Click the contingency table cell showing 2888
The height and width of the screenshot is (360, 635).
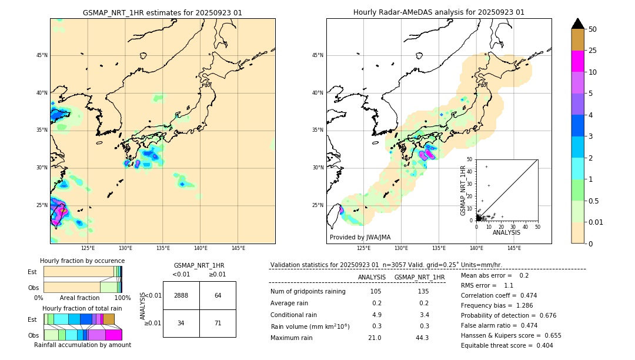[x=181, y=295]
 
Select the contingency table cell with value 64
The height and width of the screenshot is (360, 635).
[x=218, y=295]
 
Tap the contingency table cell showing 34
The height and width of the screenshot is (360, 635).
[x=181, y=323]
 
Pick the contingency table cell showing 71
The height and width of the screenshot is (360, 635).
[x=218, y=323]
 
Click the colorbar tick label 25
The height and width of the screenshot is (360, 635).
[x=593, y=51]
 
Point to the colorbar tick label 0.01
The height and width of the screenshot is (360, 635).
[x=596, y=222]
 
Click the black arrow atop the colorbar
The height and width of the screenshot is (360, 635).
[x=578, y=24]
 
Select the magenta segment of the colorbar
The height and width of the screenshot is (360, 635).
[x=578, y=61]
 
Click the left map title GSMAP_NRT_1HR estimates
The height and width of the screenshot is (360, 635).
[x=162, y=12]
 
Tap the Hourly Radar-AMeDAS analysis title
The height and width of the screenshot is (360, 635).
[x=439, y=12]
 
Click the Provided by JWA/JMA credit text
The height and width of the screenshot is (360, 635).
[x=360, y=237]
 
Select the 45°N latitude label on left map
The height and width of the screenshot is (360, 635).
[x=42, y=55]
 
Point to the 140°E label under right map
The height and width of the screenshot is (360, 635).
[x=476, y=248]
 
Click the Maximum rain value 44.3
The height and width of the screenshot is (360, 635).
[x=422, y=338]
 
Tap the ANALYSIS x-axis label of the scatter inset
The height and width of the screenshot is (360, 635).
[x=506, y=232]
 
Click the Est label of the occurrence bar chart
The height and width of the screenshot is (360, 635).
[x=32, y=272]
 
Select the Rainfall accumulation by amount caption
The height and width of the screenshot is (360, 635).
[x=82, y=345]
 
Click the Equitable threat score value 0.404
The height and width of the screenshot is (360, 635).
[x=544, y=345]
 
